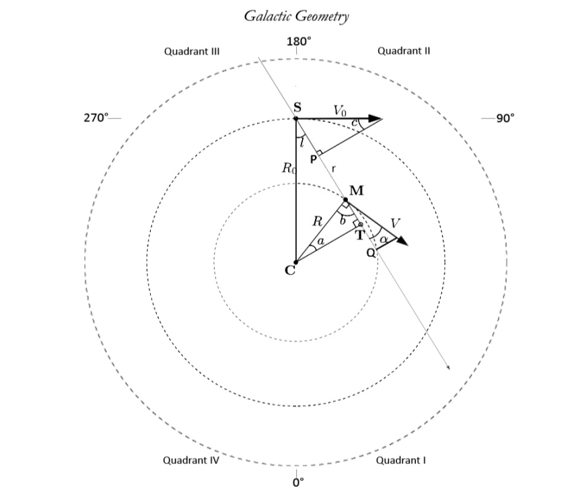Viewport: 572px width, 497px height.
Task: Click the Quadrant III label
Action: coord(192,51)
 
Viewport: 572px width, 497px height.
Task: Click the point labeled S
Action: coord(296,118)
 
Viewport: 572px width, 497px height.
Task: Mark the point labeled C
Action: coord(295,262)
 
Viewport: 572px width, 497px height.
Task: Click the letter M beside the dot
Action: coord(357,190)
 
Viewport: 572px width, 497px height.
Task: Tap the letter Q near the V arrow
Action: coord(370,254)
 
